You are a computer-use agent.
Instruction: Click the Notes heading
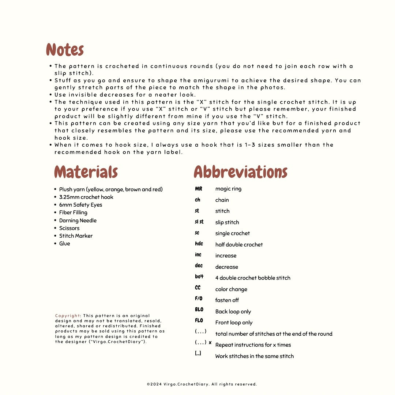(x=65, y=50)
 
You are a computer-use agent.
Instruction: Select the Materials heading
(x=86, y=172)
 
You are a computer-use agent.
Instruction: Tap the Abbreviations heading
(x=240, y=172)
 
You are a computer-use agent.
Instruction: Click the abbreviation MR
(x=199, y=189)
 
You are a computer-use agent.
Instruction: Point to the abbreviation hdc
(x=199, y=244)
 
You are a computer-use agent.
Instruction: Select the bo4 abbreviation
(x=199, y=277)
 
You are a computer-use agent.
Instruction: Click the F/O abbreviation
(x=199, y=299)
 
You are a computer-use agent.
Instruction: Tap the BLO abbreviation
(x=199, y=310)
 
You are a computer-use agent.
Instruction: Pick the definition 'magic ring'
(x=228, y=189)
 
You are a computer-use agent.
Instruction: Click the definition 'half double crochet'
(x=239, y=245)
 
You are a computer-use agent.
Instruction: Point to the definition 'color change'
(x=231, y=289)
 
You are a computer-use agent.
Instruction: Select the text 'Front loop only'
(x=234, y=323)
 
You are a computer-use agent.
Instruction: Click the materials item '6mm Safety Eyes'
(x=80, y=205)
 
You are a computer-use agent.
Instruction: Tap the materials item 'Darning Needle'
(x=78, y=221)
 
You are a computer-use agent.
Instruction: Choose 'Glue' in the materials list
(x=64, y=244)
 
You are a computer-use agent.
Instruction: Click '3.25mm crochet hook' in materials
(x=86, y=197)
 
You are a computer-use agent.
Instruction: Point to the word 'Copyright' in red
(x=68, y=316)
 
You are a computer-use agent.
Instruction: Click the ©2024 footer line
(x=202, y=384)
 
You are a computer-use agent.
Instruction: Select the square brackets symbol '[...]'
(x=198, y=354)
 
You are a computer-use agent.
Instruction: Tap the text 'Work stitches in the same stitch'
(x=254, y=356)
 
